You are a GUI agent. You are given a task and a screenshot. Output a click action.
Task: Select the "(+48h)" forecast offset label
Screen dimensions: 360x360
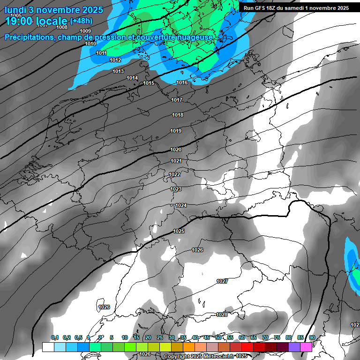[x=81, y=21]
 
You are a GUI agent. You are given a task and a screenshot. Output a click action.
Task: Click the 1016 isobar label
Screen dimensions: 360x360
[x=182, y=83]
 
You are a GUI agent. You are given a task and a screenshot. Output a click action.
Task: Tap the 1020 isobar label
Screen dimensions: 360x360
[x=176, y=150]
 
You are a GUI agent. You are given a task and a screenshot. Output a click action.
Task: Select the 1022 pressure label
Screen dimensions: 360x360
[x=175, y=174]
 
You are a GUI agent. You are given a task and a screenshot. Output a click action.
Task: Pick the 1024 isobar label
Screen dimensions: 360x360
[x=181, y=205]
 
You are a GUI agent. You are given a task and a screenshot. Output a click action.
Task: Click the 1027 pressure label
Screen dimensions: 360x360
[x=222, y=281]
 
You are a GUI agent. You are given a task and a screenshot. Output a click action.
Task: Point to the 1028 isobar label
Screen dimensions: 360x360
[x=222, y=315]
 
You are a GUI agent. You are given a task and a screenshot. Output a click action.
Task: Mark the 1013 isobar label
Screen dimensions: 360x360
[x=118, y=71]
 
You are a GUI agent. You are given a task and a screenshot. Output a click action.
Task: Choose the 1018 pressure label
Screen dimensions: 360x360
[x=177, y=115]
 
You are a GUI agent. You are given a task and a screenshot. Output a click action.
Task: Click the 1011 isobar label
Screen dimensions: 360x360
[x=101, y=53]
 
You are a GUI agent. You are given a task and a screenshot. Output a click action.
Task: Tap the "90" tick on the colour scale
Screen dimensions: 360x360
[x=312, y=337]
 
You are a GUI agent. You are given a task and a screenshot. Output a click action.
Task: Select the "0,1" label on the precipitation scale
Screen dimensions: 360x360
[x=55, y=337]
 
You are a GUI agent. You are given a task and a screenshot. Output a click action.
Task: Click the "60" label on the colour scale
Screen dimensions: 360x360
[x=242, y=337]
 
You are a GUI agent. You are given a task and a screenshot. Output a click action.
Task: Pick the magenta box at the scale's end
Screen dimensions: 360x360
[x=306, y=347]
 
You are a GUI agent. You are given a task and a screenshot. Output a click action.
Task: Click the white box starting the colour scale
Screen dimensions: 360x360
[x=48, y=347]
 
